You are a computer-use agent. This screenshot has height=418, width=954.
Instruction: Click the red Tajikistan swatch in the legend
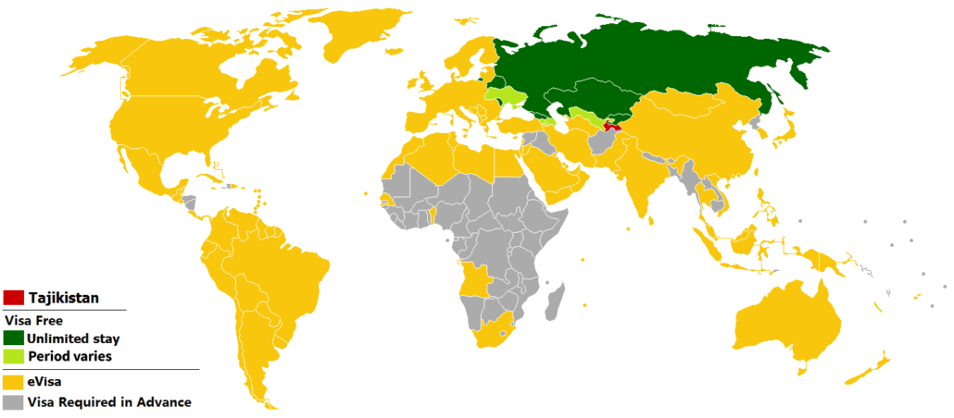14,298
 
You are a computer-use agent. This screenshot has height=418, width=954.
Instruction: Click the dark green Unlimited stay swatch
14,338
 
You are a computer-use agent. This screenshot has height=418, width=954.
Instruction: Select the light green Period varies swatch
14,356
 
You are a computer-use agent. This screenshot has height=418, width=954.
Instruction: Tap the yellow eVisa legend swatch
14,380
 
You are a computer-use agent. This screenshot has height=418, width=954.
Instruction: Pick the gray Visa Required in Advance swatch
14,402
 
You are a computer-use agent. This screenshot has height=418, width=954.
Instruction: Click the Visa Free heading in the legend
33,321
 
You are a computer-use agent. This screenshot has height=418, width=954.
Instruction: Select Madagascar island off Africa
554,302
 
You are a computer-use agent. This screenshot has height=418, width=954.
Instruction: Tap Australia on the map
787,319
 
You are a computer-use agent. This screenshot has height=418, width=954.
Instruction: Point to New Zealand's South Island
863,375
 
